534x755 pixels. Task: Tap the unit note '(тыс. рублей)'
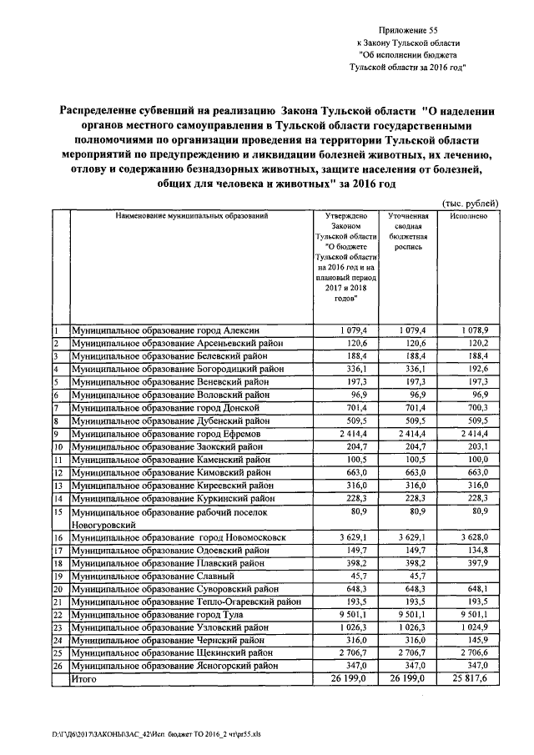point(470,203)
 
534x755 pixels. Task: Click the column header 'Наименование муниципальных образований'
point(192,216)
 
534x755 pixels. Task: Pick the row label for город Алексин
point(172,331)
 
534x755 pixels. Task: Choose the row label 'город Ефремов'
point(168,434)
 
